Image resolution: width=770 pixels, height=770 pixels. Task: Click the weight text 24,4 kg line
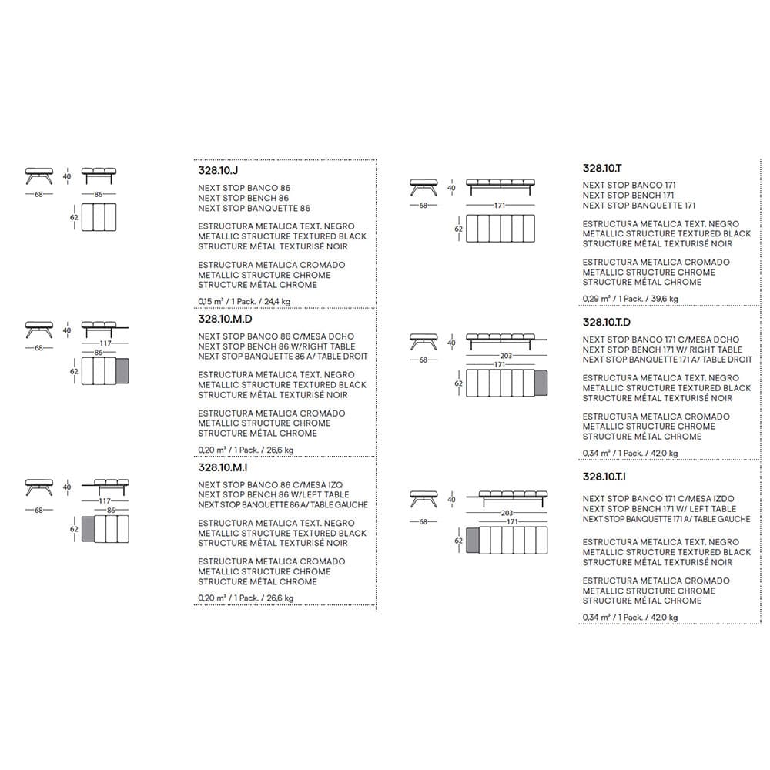point(246,303)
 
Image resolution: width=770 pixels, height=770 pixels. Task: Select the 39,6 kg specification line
point(631,299)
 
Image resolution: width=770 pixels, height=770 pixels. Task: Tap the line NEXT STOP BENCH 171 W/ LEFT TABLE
point(659,509)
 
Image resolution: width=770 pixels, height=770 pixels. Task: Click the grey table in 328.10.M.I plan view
point(87,529)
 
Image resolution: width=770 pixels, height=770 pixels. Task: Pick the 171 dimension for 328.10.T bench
point(500,206)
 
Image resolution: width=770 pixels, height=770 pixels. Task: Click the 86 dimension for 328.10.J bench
point(99,196)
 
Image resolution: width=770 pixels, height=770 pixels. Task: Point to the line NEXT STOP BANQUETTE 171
point(638,206)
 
